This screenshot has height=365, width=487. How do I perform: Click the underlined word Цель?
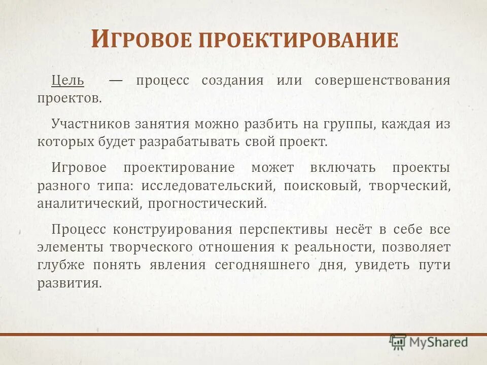click(67, 81)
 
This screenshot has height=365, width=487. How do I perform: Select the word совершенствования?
click(382, 81)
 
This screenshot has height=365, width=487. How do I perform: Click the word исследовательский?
click(208, 186)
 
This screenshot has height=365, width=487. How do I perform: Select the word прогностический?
click(207, 204)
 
